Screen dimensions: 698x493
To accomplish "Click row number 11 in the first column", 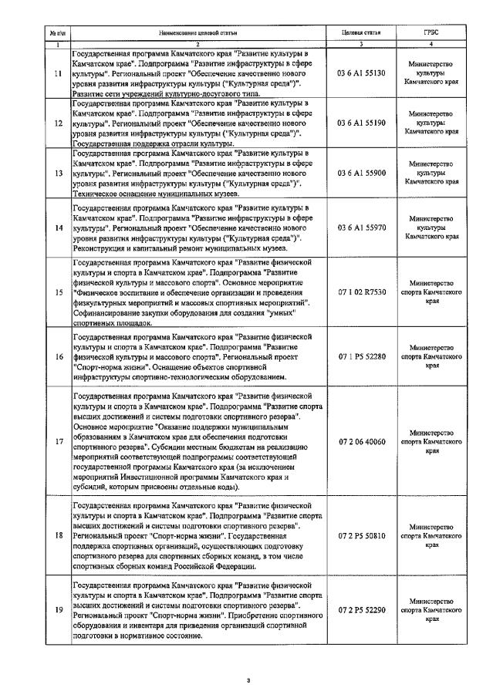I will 58,73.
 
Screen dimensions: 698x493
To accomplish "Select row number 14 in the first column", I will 58,224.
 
